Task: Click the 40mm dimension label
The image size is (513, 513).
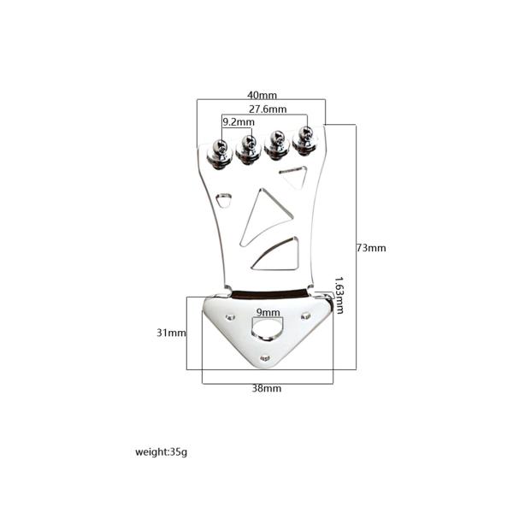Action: pos(262,95)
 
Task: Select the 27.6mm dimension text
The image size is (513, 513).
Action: pos(268,109)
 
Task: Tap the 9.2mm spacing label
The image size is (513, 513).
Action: pos(239,122)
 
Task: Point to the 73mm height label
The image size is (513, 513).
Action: pos(371,248)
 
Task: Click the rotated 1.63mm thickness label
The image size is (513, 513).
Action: pos(339,295)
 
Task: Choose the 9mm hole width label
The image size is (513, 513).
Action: pos(268,312)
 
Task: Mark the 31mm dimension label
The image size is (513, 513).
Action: pos(171,333)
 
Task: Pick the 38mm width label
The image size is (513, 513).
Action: pos(266,388)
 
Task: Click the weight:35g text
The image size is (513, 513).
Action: pos(161,452)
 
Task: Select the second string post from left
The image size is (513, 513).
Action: pos(248,150)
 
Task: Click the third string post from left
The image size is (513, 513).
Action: pos(277,145)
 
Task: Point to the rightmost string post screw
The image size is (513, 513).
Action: pos(305,141)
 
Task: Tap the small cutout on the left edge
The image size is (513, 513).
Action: pos(224,199)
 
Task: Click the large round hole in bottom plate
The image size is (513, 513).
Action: pos(266,327)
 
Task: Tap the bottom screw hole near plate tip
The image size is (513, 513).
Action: pos(265,359)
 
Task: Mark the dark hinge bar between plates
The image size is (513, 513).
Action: pos(270,293)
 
